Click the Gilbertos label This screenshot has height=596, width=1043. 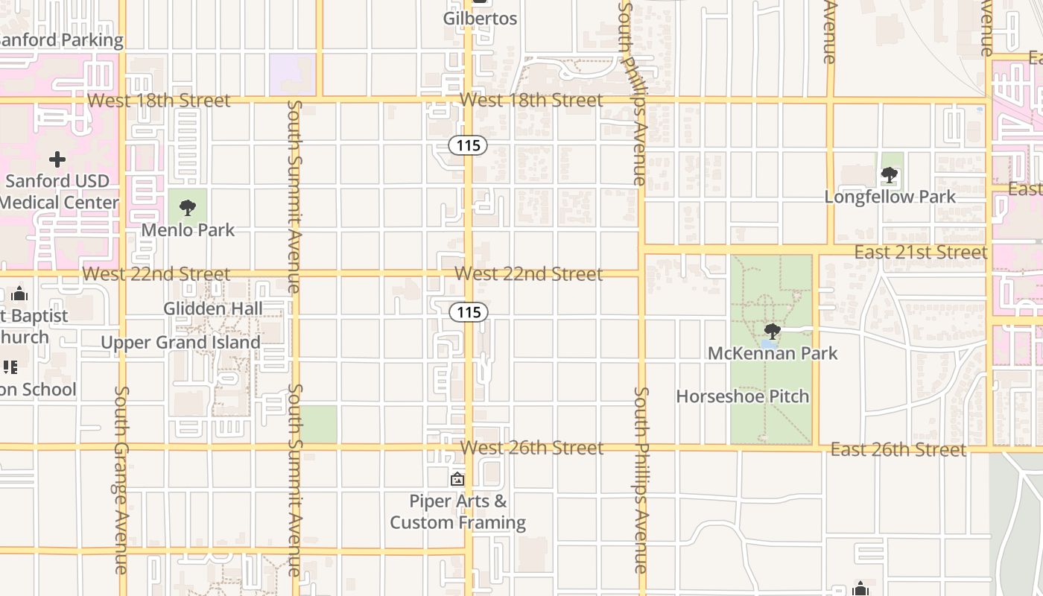tap(480, 18)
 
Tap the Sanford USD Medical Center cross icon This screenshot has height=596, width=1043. tap(57, 159)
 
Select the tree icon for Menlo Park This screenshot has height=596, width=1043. tap(188, 207)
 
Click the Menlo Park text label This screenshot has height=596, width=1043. tap(188, 230)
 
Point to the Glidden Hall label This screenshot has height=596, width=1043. tap(213, 308)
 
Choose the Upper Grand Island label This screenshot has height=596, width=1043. tap(180, 343)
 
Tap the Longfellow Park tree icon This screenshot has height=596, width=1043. tap(889, 175)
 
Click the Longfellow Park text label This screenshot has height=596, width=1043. tap(890, 197)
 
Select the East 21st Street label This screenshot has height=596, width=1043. tap(921, 253)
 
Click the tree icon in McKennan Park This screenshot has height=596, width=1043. tap(773, 330)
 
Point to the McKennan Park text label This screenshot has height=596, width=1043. tap(773, 353)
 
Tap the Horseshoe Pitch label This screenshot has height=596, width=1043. tap(742, 396)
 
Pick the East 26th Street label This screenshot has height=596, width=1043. tap(898, 449)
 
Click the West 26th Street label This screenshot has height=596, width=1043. tap(532, 448)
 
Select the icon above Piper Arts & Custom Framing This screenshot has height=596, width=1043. tap(457, 479)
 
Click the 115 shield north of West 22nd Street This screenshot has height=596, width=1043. tap(468, 145)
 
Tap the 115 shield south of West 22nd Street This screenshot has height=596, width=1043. tap(469, 312)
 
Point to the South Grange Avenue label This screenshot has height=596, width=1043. tap(121, 480)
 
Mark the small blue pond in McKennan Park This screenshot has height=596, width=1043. tap(768, 344)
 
